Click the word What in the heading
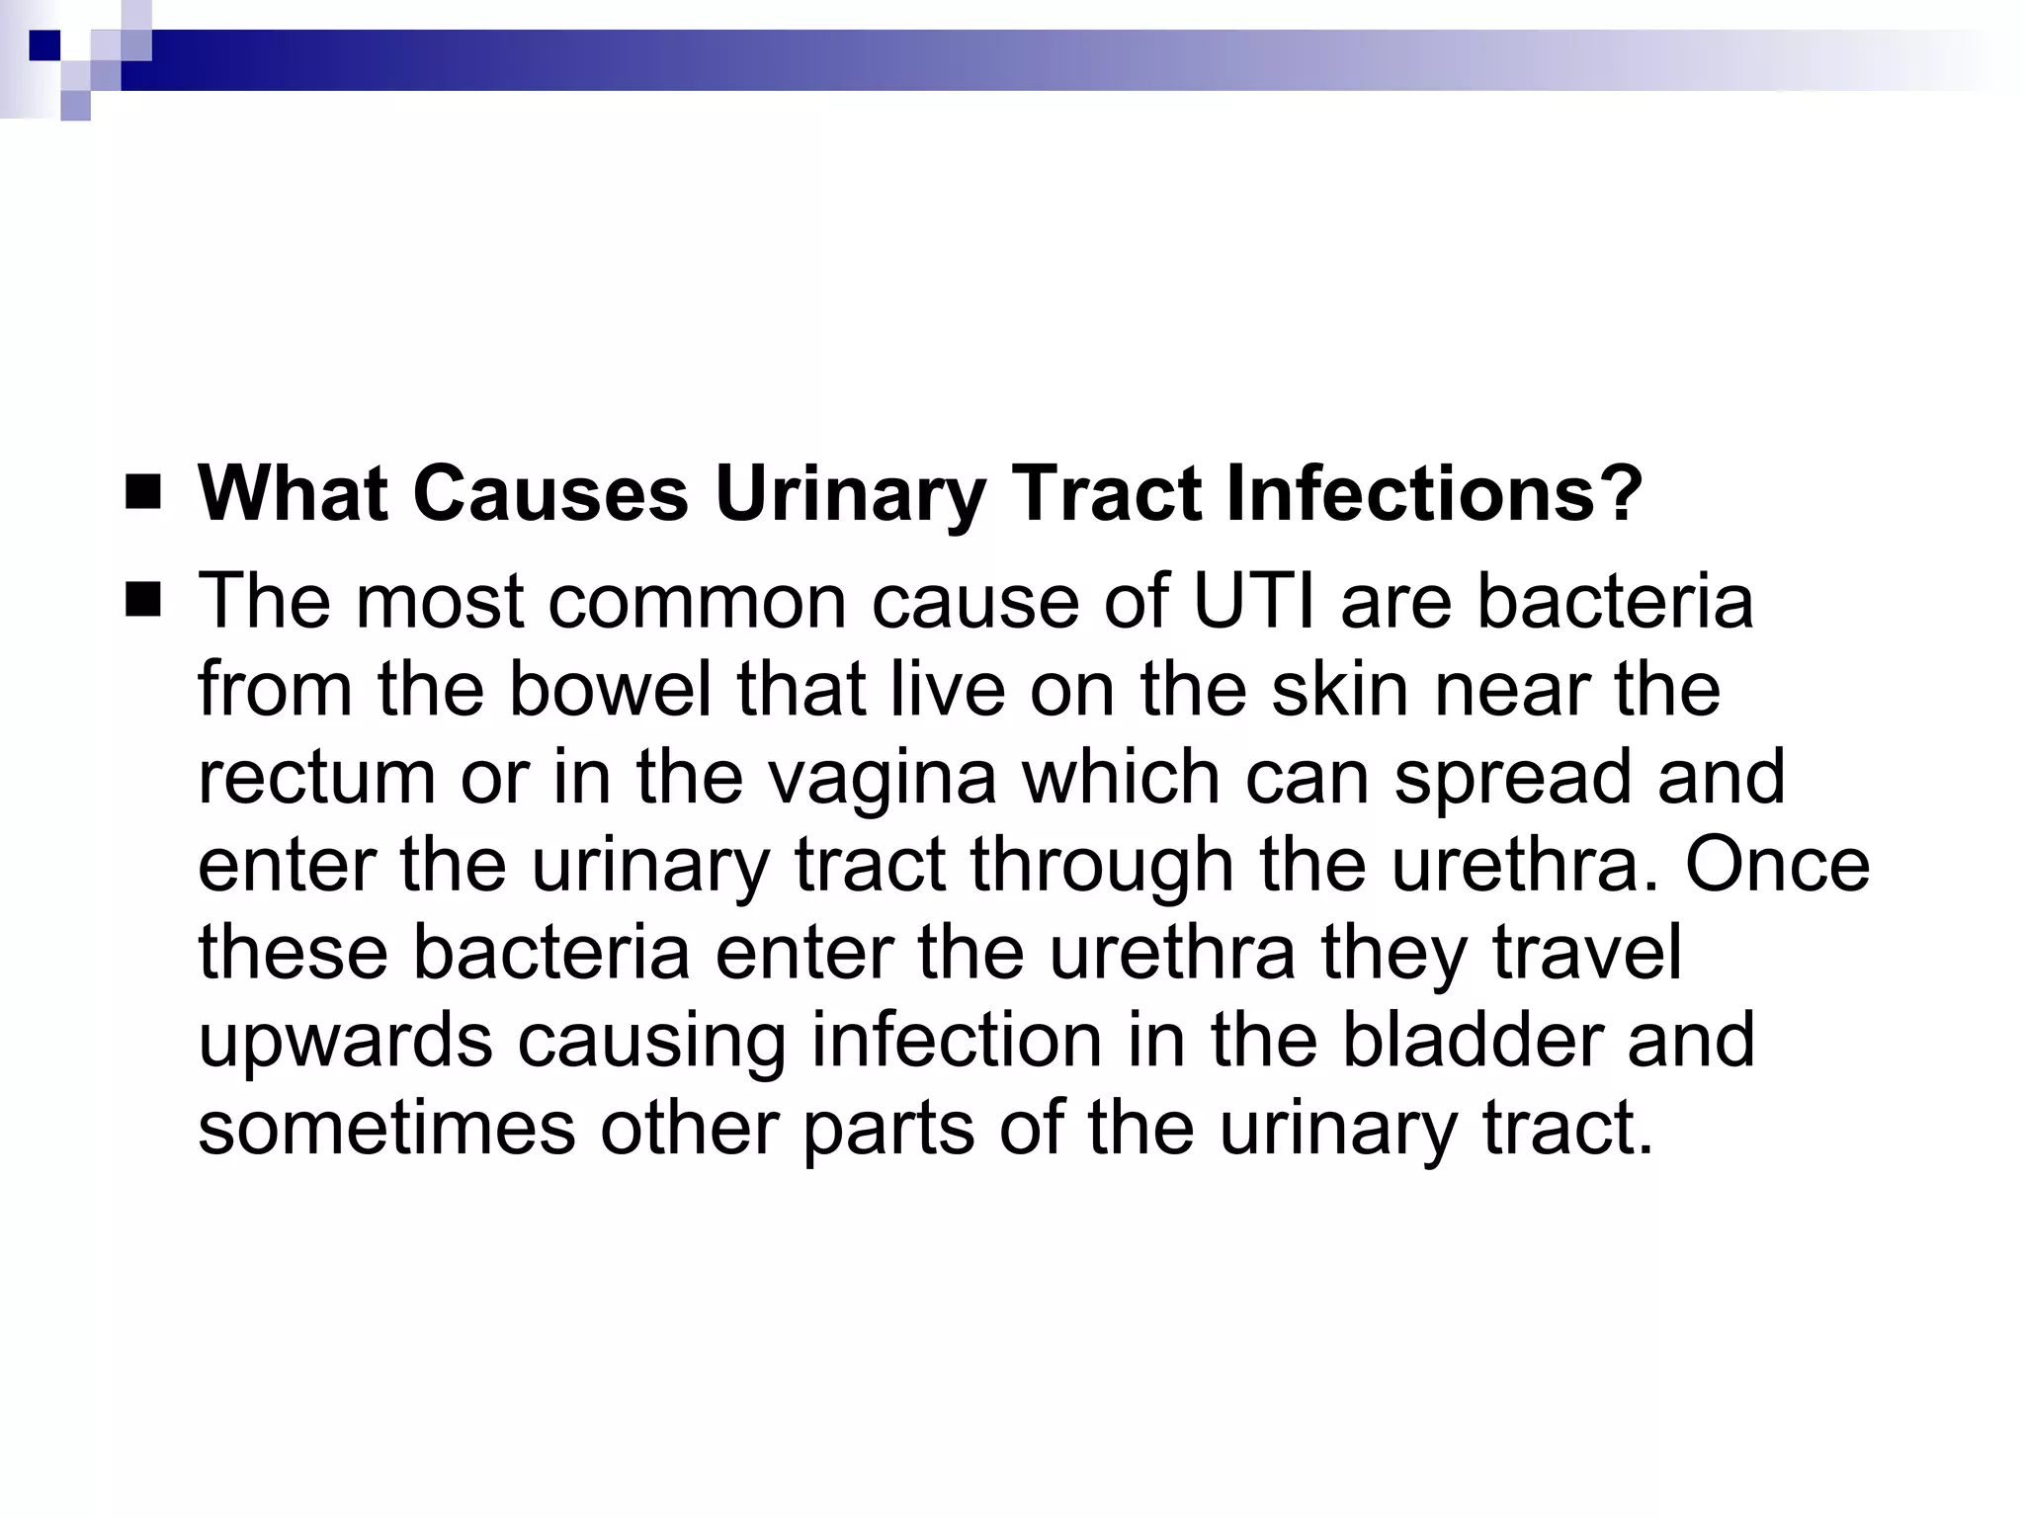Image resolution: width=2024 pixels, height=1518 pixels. point(292,493)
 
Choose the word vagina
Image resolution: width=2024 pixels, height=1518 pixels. point(883,778)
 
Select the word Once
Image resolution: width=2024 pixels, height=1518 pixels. point(1777,866)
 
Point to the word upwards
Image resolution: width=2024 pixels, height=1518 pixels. point(345,1042)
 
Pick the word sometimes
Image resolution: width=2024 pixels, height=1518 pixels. point(386,1129)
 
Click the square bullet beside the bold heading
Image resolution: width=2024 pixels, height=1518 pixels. point(143,491)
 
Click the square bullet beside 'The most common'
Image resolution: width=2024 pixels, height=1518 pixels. point(143,599)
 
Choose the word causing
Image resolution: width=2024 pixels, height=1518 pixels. point(651,1042)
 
